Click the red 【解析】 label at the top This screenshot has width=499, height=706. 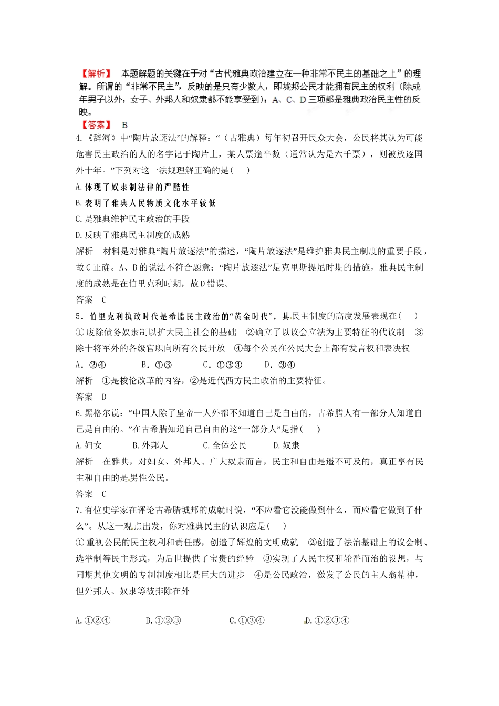pyautogui.click(x=95, y=74)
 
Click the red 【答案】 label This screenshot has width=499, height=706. pyautogui.click(x=96, y=125)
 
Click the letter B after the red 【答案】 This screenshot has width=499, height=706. pyautogui.click(x=124, y=125)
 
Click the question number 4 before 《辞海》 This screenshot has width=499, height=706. pyautogui.click(x=78, y=138)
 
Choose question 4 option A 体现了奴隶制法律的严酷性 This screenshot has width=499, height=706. pyautogui.click(x=132, y=187)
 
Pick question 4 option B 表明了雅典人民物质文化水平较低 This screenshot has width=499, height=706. pyautogui.click(x=145, y=203)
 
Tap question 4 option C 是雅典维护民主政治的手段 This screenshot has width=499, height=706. pyautogui.click(x=132, y=219)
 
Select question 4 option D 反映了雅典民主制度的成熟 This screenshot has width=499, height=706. pyautogui.click(x=132, y=235)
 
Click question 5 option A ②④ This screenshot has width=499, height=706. pyautogui.click(x=91, y=365)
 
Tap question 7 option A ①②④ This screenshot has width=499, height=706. pyautogui.click(x=93, y=620)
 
